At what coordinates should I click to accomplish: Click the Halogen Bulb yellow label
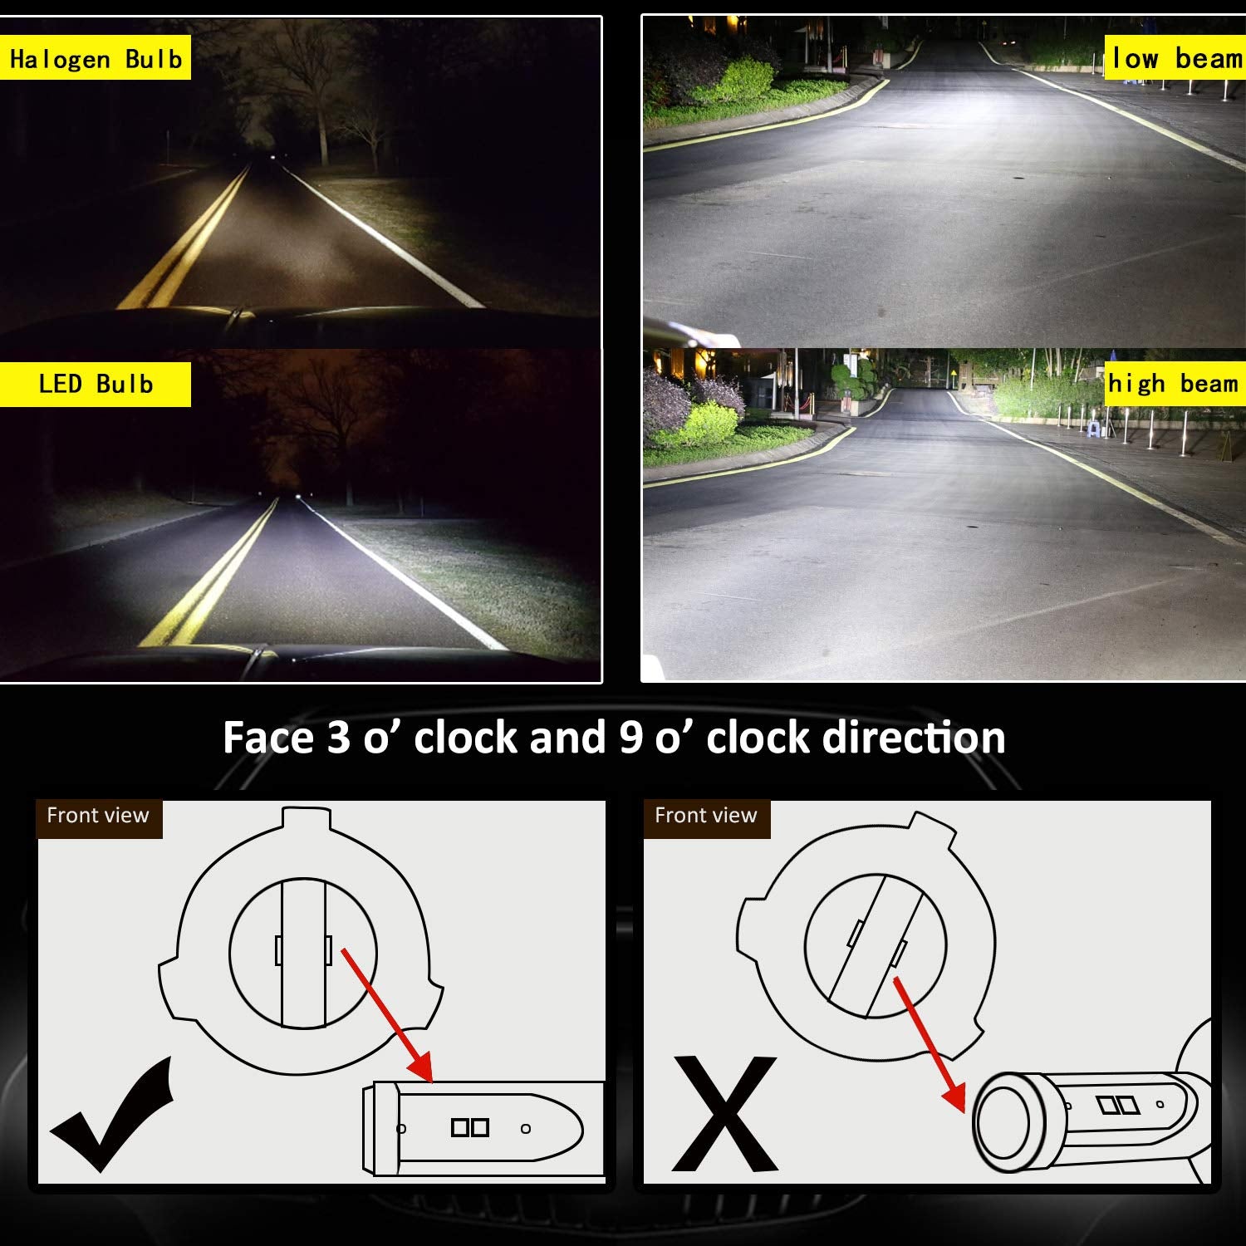[95, 58]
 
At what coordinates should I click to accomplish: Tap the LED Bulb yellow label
[95, 384]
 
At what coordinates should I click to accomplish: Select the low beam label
[1175, 58]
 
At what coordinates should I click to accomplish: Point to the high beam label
[1173, 384]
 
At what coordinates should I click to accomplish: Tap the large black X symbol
[724, 1113]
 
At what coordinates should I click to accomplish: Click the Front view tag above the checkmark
[98, 816]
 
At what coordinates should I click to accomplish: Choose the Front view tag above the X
[706, 816]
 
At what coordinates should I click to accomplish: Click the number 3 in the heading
[338, 738]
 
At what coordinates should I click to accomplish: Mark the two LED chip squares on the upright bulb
[470, 1127]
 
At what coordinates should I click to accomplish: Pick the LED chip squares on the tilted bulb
[1117, 1105]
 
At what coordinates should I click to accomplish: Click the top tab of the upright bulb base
[306, 817]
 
